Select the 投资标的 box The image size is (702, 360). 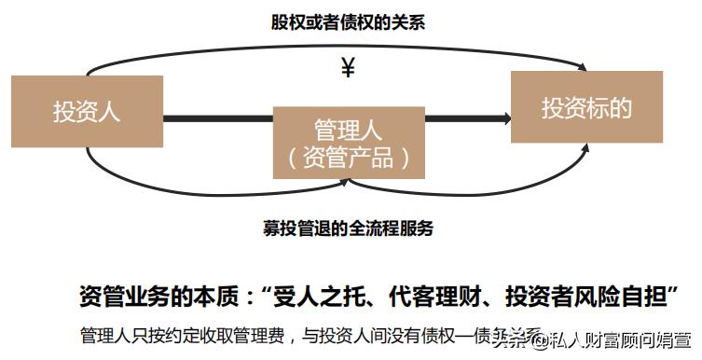coord(586,108)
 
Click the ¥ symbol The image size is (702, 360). coord(348,68)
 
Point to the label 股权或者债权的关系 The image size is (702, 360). coord(349,23)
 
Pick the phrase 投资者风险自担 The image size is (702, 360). coord(587,296)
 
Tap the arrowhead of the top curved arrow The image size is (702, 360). coord(583,68)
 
